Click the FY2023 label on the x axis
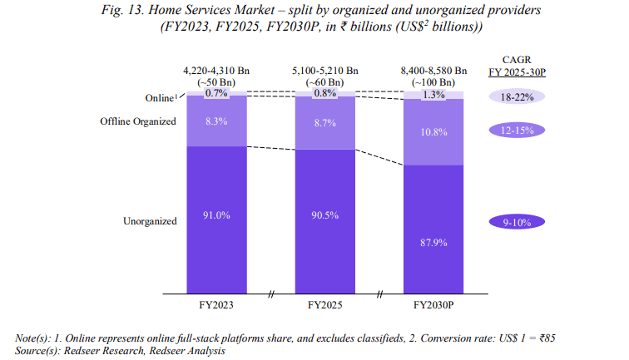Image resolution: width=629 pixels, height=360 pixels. (x=216, y=305)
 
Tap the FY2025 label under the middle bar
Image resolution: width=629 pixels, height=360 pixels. (x=325, y=305)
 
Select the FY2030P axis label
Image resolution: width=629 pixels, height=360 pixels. (x=433, y=305)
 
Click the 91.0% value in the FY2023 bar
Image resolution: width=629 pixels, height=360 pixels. (x=216, y=215)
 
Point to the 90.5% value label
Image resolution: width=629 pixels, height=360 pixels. (x=325, y=215)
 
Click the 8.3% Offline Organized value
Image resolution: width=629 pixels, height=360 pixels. (x=216, y=121)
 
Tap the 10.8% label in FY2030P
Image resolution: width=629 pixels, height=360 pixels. (x=433, y=132)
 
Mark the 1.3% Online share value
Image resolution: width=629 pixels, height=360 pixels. (x=433, y=96)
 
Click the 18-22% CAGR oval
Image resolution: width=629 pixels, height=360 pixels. (x=517, y=96)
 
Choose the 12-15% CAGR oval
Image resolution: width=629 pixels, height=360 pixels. (x=517, y=131)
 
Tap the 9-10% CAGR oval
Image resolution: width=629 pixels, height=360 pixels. (x=517, y=222)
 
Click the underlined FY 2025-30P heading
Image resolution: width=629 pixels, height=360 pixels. (x=517, y=72)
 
